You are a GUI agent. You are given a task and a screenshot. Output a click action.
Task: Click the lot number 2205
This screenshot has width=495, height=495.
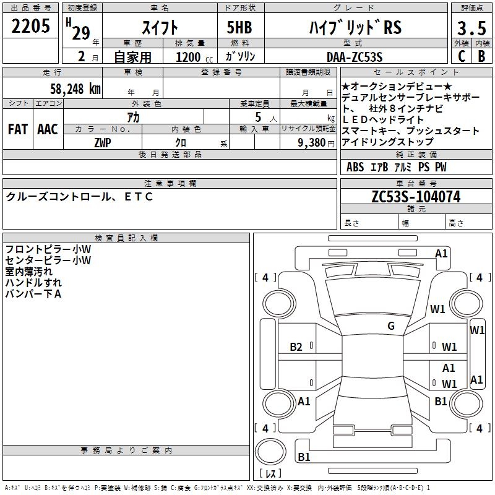31,28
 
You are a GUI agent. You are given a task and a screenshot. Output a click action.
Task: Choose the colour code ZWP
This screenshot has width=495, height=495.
101,142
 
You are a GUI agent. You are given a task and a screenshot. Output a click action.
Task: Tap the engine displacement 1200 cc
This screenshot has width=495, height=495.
189,57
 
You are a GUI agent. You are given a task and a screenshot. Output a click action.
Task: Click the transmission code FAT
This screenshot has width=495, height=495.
18,129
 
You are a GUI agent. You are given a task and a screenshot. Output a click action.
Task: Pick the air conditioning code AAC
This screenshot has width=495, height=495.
48,129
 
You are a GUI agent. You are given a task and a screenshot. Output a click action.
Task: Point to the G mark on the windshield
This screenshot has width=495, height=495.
391,326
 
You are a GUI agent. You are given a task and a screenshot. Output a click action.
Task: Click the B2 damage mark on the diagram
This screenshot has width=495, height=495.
296,347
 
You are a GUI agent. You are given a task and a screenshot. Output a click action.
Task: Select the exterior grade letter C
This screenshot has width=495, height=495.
461,56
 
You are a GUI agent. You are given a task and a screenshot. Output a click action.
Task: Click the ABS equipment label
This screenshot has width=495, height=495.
355,167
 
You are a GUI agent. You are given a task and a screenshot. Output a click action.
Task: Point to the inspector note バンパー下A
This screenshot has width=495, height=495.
33,293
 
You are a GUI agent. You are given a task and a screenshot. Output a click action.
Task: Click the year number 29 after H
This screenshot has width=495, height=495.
81,33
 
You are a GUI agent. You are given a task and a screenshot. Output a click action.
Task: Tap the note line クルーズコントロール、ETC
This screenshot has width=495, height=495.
79,197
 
